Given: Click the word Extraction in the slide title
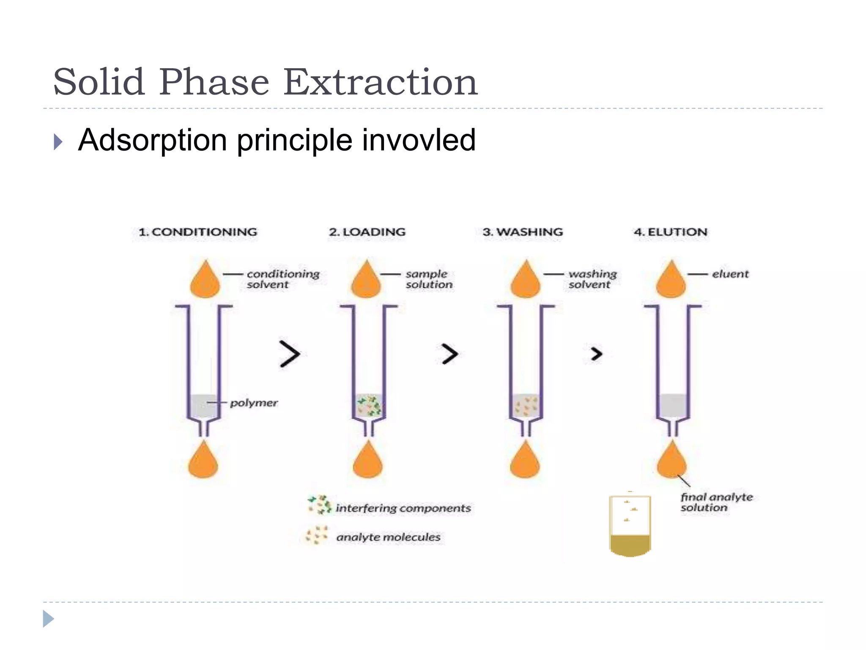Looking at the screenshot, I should point(380,82).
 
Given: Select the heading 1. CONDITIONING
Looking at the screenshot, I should point(198,232).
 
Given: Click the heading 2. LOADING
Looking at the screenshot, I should point(367,232).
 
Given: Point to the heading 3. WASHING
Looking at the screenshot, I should point(523,232).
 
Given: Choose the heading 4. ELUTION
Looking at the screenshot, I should point(670,232).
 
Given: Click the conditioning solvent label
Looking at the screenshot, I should point(282,279).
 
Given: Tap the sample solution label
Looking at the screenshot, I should point(428,279).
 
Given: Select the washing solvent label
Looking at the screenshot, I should point(592,279).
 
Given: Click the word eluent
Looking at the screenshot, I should point(730,274).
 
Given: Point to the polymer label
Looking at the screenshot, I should point(254,403).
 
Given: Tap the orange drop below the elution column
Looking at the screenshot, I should point(671,461).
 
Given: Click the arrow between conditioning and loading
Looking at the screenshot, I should point(290,354).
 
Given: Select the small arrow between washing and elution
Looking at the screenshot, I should point(596,354).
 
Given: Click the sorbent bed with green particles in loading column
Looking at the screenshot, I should point(369,405).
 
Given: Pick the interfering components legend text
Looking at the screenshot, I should point(403,508).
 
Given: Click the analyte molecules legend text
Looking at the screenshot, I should point(388,537).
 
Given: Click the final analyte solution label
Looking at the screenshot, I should point(716,502).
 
